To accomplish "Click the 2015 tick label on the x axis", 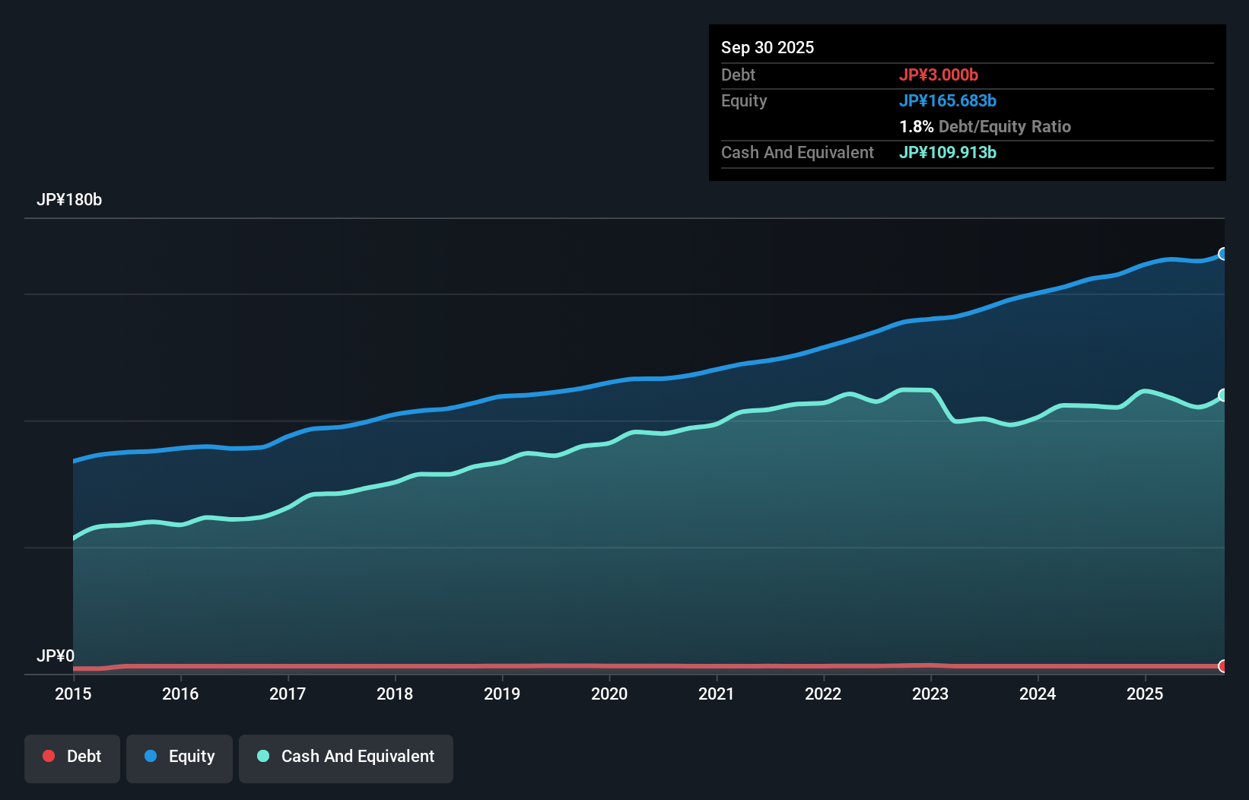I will (73, 694).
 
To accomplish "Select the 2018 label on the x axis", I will (395, 694).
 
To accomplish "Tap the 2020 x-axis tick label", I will (609, 694).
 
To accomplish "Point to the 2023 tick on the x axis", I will (930, 694).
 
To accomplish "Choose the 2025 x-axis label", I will (1145, 694).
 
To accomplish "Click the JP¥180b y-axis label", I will (69, 200).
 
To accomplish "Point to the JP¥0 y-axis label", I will (56, 656).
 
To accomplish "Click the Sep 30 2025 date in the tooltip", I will (768, 47).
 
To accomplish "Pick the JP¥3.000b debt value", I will (939, 75).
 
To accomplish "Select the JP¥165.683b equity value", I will (948, 100).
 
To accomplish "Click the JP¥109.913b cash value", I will (948, 152).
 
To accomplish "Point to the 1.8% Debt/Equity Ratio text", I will (985, 126).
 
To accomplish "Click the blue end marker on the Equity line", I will (1223, 254).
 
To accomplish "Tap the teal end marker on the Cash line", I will (1223, 395).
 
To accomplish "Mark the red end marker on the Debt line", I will (1223, 666).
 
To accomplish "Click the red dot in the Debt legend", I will (49, 756).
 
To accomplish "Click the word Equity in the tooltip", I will (744, 100).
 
